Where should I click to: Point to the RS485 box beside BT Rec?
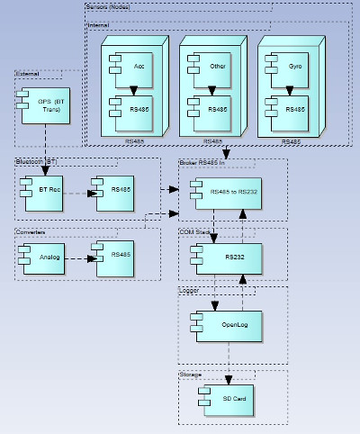[115, 192]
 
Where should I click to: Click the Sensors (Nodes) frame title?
[109, 7]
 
